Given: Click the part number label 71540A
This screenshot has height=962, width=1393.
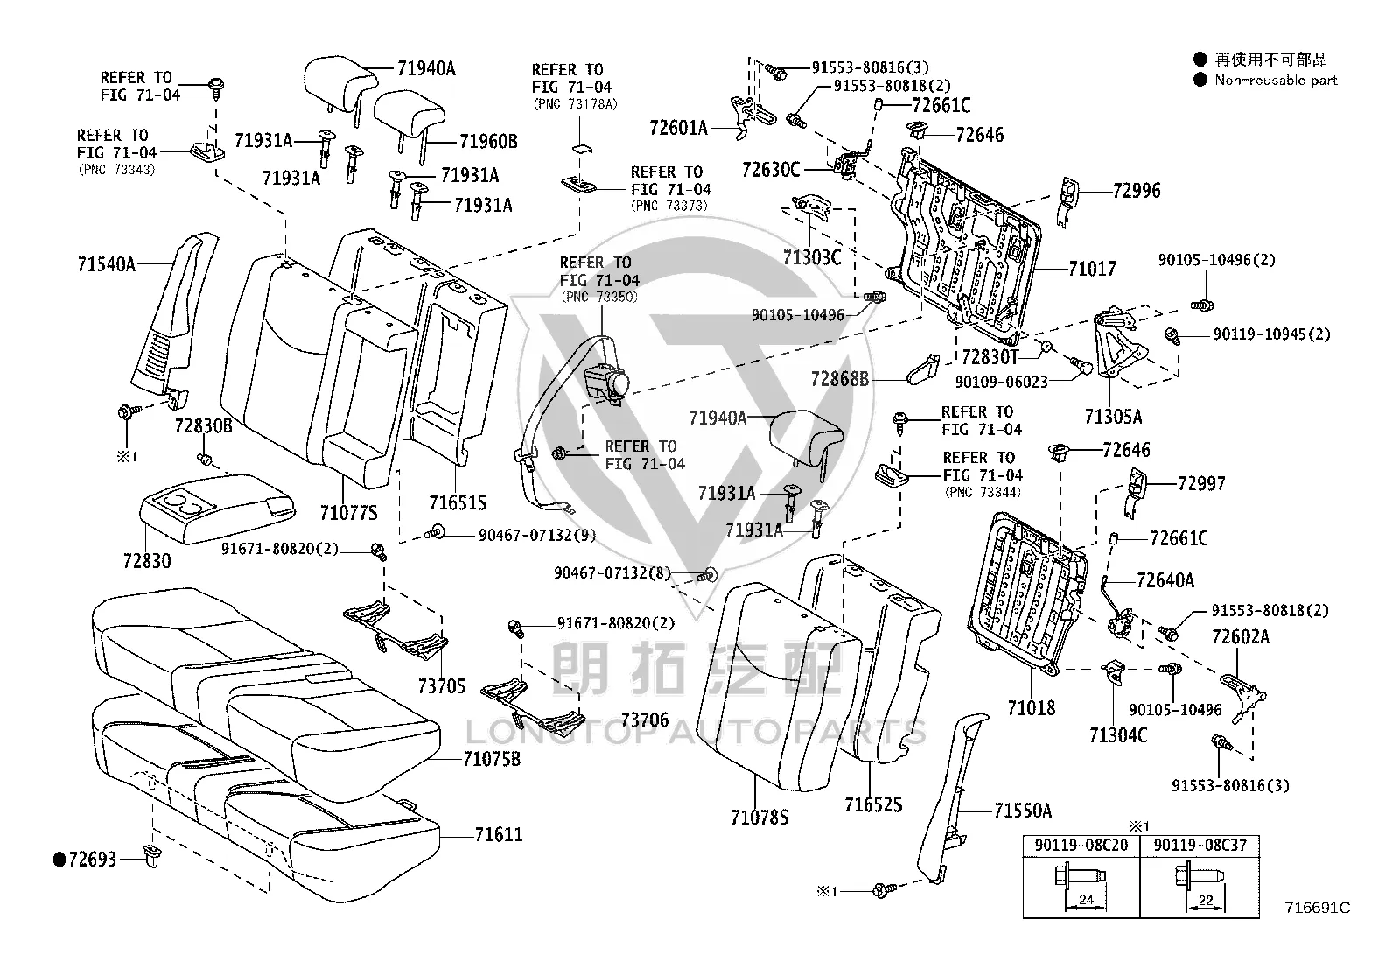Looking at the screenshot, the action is click(x=107, y=264).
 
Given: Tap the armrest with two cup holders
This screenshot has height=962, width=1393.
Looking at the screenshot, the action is click(x=217, y=507).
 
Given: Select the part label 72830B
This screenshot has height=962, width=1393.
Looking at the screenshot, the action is click(x=203, y=426).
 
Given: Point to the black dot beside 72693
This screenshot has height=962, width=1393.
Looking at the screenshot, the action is click(x=59, y=860).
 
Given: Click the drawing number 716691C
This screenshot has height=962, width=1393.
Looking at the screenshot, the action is click(x=1318, y=908).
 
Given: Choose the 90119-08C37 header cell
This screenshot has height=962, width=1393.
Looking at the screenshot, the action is click(x=1200, y=846).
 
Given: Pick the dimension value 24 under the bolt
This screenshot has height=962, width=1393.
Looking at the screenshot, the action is click(x=1087, y=899).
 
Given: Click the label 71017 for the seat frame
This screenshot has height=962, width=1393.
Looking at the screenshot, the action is click(x=1092, y=269).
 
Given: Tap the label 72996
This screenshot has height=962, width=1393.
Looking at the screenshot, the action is click(x=1137, y=191).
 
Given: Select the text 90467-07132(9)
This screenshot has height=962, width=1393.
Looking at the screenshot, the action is click(x=536, y=535).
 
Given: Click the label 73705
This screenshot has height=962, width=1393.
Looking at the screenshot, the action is click(x=442, y=685).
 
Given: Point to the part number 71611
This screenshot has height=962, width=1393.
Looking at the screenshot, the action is click(x=499, y=834).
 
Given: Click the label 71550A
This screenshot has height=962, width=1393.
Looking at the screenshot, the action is click(x=1023, y=811).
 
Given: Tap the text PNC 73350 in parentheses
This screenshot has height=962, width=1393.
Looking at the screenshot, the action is click(x=600, y=298).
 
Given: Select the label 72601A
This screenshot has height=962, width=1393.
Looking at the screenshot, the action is click(x=678, y=128).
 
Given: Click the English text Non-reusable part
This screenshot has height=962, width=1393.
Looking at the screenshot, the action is click(x=1276, y=81).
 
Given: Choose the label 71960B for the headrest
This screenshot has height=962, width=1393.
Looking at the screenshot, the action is click(x=488, y=142).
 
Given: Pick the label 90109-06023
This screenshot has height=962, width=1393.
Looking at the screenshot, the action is click(x=1002, y=382).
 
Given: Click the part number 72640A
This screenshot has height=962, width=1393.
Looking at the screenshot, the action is click(x=1165, y=580).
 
